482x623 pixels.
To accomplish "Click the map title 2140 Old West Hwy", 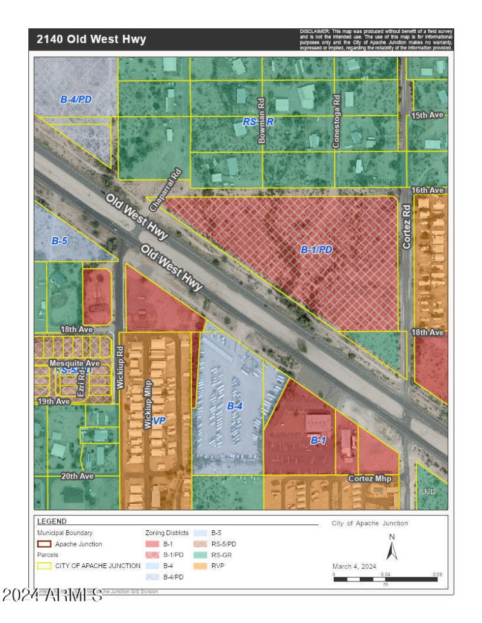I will (x=91, y=40).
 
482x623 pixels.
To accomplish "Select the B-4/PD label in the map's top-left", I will (x=76, y=99).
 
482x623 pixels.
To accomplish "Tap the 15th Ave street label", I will (x=428, y=115).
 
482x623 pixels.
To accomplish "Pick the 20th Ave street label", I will (x=77, y=476).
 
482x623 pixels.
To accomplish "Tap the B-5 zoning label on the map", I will (x=59, y=240).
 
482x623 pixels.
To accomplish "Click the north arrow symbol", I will (x=392, y=548).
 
